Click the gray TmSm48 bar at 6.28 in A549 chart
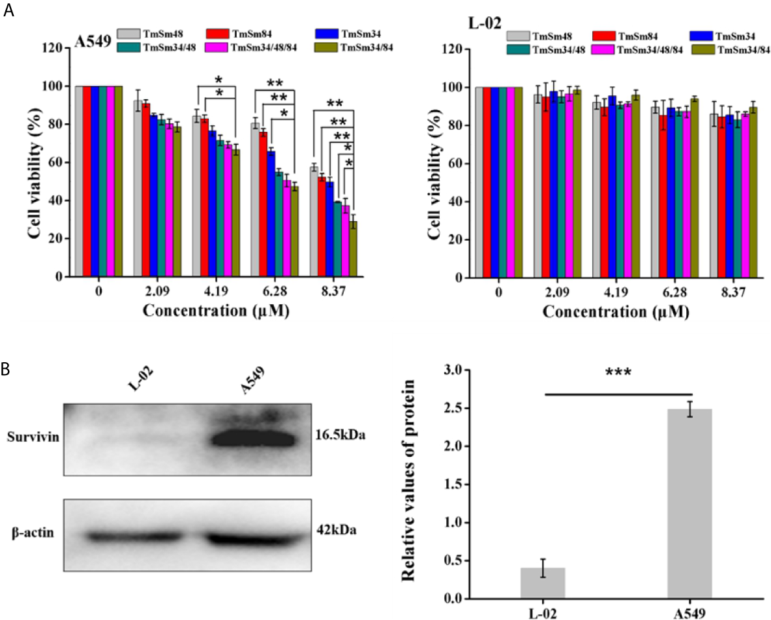256,200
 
